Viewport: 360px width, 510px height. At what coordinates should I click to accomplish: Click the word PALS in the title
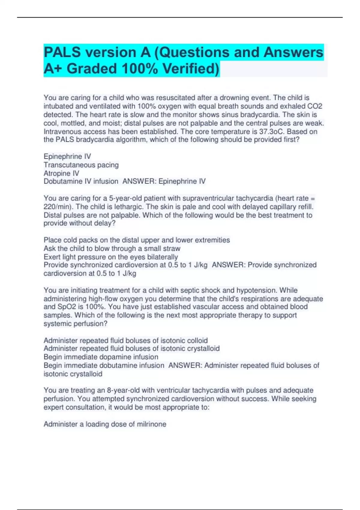coord(62,52)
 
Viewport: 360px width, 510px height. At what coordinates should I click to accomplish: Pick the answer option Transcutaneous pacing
coord(81,165)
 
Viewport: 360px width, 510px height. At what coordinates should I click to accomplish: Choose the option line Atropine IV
coord(61,173)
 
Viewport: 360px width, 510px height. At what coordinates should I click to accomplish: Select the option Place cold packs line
coord(136,240)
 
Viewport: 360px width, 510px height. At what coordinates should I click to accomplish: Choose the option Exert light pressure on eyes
coord(111,257)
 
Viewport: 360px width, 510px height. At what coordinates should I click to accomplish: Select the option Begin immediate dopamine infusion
coord(101,357)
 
